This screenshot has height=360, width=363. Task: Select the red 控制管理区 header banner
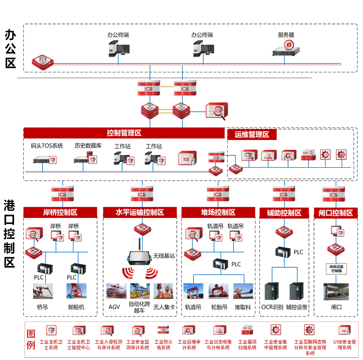[x=124, y=133]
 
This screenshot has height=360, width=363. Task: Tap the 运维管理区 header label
[x=252, y=135]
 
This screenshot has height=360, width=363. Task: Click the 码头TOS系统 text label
[x=47, y=146]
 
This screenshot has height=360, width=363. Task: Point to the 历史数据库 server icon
[x=85, y=158]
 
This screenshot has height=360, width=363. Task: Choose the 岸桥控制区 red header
[x=60, y=212]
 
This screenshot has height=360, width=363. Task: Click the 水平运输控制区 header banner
[x=139, y=212]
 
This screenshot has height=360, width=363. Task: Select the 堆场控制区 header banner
[x=218, y=212]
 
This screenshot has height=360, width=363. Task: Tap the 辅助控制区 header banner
[x=284, y=213]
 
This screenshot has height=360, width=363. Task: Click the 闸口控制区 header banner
[x=335, y=213]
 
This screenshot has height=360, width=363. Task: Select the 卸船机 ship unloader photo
[x=76, y=291]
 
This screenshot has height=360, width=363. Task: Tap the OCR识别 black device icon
[x=272, y=291]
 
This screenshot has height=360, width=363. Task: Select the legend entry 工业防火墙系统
[x=163, y=337]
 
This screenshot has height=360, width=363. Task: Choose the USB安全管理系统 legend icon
[x=344, y=330]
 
